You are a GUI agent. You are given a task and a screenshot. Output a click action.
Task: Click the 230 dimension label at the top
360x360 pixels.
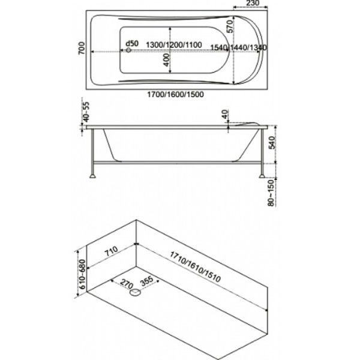(x=253, y=3)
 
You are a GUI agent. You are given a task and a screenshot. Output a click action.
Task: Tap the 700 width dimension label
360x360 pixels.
(x=82, y=48)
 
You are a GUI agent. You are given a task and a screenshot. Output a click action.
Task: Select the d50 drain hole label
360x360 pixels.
(x=132, y=43)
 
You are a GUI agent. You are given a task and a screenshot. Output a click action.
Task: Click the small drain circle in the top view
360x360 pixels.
(x=128, y=50)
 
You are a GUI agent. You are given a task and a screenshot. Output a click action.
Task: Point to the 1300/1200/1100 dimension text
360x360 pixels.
(x=174, y=45)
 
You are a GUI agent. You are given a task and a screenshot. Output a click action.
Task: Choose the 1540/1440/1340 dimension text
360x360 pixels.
(x=239, y=47)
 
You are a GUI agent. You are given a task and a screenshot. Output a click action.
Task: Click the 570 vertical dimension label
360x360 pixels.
(x=230, y=26)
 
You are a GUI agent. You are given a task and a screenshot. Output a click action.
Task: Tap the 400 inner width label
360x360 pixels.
(x=167, y=60)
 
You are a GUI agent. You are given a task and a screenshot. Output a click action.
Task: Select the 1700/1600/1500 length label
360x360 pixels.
(x=175, y=94)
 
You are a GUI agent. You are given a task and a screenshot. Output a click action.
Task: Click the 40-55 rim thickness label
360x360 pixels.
(x=86, y=112)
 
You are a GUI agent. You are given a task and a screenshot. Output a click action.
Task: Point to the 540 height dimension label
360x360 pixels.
(x=272, y=142)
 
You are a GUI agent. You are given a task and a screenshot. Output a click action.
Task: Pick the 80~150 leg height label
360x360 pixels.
(x=271, y=193)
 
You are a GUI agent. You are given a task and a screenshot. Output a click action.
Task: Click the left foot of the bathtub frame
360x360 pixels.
(x=92, y=176)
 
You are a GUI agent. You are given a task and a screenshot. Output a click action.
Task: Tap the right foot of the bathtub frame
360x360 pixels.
(x=262, y=176)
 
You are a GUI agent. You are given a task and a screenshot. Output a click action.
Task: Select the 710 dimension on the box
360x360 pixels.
(x=112, y=251)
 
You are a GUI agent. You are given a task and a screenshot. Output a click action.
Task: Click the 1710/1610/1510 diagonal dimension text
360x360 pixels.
(x=196, y=267)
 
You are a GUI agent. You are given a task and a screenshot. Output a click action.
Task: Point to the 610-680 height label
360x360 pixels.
(x=82, y=274)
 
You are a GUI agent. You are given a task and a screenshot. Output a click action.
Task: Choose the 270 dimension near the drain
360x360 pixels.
(x=127, y=284)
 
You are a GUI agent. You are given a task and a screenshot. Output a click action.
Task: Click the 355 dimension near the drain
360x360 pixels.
(x=147, y=281)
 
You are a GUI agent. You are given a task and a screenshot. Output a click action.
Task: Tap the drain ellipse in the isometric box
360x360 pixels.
(x=135, y=293)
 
